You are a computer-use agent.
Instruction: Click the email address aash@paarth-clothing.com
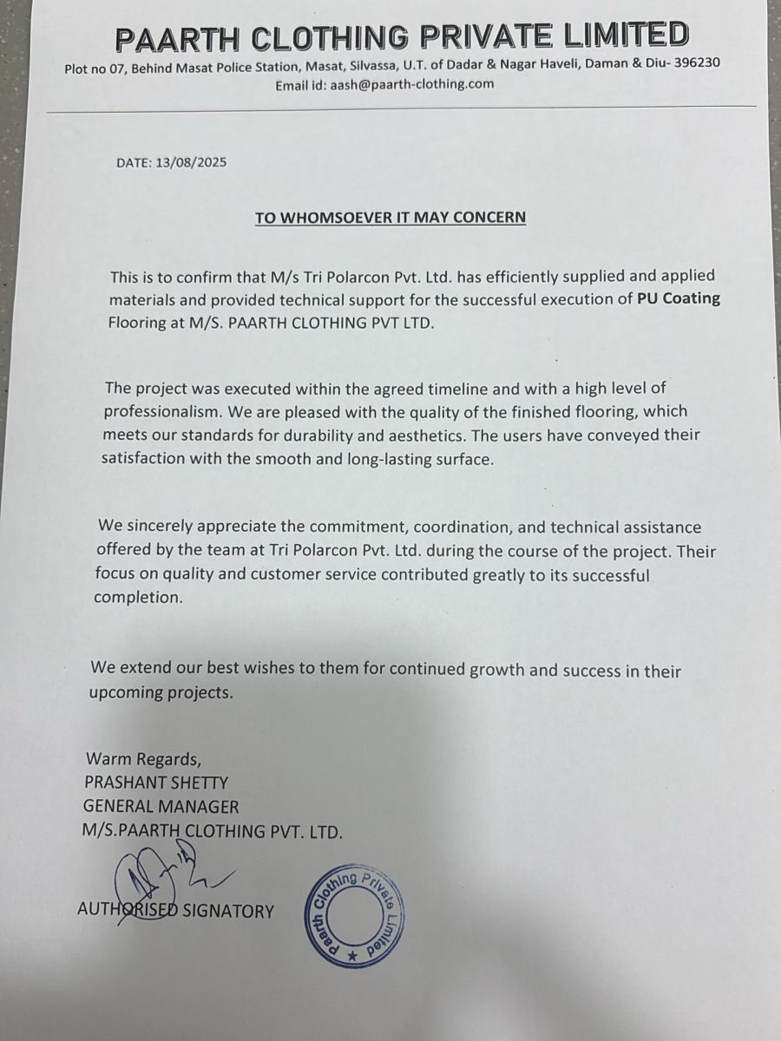point(411,84)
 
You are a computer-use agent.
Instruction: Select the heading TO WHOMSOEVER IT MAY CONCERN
point(390,217)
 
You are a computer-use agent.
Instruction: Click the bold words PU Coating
point(679,299)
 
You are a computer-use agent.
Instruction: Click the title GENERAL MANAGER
point(161,807)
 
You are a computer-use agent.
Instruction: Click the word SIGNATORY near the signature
point(227,911)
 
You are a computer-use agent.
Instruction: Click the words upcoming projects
point(161,693)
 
